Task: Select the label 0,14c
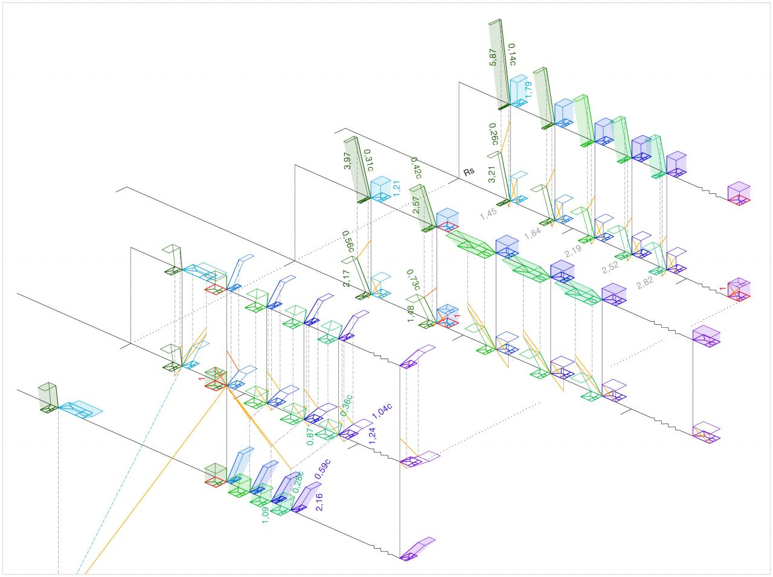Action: pyautogui.click(x=512, y=54)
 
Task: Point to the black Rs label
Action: pyautogui.click(x=469, y=172)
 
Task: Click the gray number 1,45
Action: pyautogui.click(x=489, y=214)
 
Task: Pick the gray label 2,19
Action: pyautogui.click(x=574, y=251)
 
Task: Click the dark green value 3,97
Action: pyautogui.click(x=348, y=161)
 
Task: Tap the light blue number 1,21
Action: pyautogui.click(x=397, y=186)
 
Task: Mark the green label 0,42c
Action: pyautogui.click(x=416, y=168)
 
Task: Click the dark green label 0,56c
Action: pyautogui.click(x=348, y=242)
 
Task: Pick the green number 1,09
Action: pyautogui.click(x=265, y=514)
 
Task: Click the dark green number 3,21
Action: pyautogui.click(x=492, y=173)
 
